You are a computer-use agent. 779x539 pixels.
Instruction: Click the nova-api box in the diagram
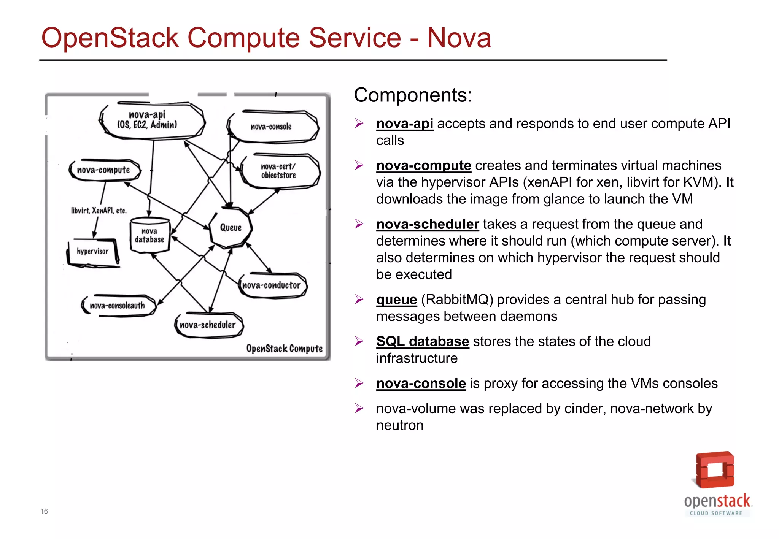point(152,120)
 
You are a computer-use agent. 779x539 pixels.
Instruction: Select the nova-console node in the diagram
point(272,127)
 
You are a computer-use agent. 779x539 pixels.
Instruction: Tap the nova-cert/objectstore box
point(280,171)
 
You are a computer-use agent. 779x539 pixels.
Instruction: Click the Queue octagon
point(231,227)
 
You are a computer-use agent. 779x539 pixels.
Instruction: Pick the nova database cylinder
point(149,236)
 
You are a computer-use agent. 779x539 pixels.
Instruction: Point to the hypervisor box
point(93,252)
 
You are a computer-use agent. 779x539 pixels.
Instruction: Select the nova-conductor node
point(272,285)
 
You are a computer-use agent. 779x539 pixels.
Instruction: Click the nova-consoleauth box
point(118,306)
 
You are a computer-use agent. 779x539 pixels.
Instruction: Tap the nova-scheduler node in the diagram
point(208,325)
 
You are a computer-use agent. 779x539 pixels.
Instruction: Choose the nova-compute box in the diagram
point(104,170)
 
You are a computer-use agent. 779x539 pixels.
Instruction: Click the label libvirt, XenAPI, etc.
point(99,211)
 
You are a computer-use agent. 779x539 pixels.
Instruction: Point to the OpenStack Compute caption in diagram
point(284,348)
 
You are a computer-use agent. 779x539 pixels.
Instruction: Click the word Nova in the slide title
point(459,38)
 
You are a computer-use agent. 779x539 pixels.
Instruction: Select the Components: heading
point(413,95)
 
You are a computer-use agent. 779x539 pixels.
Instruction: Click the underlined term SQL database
point(422,341)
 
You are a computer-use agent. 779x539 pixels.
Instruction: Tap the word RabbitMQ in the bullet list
point(457,300)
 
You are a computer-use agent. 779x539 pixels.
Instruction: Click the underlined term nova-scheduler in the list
point(427,224)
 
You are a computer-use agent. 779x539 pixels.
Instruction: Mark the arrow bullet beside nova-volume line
point(359,409)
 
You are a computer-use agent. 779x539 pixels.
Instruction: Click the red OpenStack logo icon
point(714,470)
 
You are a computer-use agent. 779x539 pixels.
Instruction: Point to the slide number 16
point(44,511)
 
